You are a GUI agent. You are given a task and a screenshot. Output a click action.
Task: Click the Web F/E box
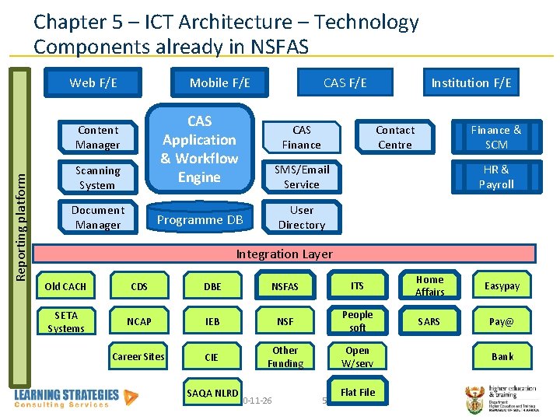tap(93, 82)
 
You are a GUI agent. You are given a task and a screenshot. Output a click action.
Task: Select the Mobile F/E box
tap(220, 82)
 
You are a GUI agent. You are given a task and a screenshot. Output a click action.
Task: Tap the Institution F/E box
tap(471, 82)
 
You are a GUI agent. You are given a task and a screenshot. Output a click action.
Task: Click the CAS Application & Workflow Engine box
tap(199, 149)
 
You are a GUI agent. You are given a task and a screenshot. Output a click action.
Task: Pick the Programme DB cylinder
tap(200, 219)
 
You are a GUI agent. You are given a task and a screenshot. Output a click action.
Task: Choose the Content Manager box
tap(97, 138)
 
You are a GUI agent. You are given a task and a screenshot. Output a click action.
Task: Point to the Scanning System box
tap(97, 178)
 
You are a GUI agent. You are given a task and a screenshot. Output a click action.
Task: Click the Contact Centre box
tap(395, 138)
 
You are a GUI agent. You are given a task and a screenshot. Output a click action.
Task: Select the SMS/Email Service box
tap(301, 177)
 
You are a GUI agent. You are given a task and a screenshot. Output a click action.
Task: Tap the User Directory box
tap(301, 218)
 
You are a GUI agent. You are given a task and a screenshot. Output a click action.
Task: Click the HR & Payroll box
tap(496, 177)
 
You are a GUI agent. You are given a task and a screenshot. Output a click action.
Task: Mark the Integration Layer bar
tap(284, 254)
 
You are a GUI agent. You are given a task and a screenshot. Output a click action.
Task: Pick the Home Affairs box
tap(429, 286)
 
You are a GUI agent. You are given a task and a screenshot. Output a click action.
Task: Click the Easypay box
tap(502, 286)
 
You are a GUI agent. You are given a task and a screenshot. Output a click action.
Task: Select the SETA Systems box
tap(66, 322)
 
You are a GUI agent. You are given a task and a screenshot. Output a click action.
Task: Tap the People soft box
tap(357, 321)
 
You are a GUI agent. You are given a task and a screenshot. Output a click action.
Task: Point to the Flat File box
tap(357, 392)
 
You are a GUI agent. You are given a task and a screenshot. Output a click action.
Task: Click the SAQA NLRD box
tap(212, 393)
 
